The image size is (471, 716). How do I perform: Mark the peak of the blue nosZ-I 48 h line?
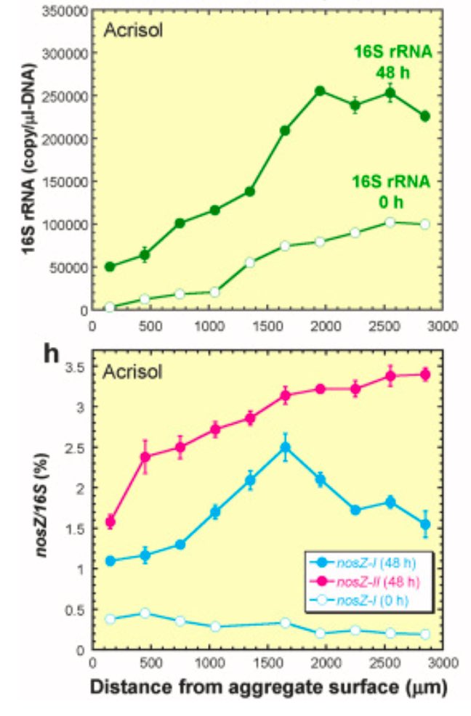click(286, 448)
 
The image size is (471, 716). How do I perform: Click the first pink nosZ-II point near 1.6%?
click(110, 521)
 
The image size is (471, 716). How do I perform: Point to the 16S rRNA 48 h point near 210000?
click(286, 131)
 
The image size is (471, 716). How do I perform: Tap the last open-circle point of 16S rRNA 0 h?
click(425, 224)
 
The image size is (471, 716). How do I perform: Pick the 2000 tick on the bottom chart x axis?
click(325, 663)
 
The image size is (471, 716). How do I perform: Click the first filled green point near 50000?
click(110, 267)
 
